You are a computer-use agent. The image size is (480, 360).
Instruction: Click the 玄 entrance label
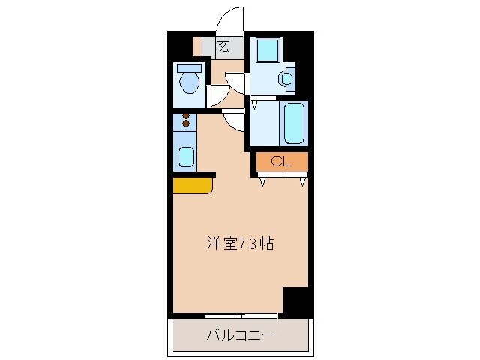pos(223,47)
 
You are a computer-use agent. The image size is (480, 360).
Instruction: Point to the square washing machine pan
pos(265,50)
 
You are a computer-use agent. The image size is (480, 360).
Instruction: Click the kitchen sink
pos(185,157)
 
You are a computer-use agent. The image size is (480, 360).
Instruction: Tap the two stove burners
pos(185,120)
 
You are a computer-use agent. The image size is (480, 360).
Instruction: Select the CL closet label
pos(281,161)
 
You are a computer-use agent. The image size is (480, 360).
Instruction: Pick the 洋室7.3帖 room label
pos(240,244)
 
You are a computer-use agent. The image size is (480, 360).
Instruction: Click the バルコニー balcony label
pos(240,335)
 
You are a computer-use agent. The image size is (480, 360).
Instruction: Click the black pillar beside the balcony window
pos(295,301)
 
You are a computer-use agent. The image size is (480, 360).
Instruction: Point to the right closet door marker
pos(303,181)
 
